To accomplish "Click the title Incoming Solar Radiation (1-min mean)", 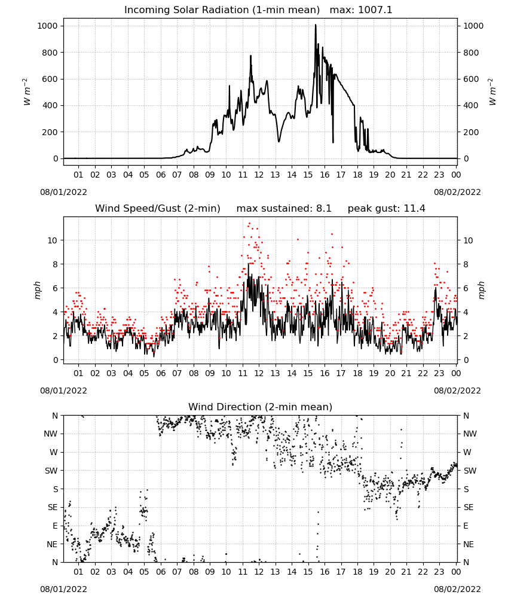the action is coord(222,10).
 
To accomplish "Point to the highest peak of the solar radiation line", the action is coord(316,25).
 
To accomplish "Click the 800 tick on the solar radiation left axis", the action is coord(50,53).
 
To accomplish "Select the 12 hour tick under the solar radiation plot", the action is coord(259,175).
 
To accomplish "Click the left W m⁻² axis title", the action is coord(27,92).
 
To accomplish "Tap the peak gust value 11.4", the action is coord(413,209).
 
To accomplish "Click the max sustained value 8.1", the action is coord(324,209).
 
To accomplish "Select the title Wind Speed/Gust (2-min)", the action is coord(157,209).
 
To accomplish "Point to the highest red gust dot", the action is coord(249,224).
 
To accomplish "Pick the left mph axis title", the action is coord(37,290).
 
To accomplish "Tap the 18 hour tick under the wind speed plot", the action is coord(357,373).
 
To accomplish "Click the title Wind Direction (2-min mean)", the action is coord(261,407).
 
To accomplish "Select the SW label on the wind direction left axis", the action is coord(51,471).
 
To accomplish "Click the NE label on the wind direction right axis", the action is coord(469,544).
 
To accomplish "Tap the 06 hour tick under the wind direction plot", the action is coord(160,571).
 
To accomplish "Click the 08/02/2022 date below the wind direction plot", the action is coord(457,589).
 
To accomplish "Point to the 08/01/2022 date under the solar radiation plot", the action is coord(63,192).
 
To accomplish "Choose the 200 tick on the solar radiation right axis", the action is coord(471,132).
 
